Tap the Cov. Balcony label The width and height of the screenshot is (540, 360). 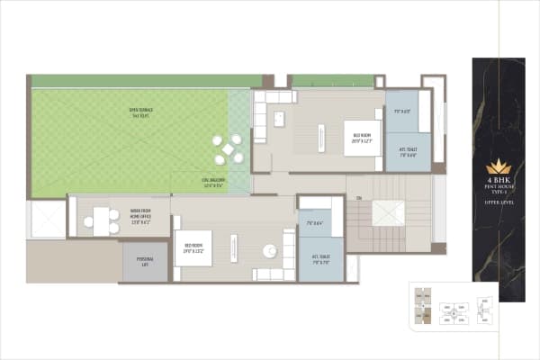213,184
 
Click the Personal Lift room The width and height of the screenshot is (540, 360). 146,263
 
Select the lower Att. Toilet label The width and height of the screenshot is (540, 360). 320,258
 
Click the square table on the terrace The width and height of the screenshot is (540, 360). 229,148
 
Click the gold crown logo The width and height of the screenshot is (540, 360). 498,167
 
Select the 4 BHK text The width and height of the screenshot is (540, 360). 498,179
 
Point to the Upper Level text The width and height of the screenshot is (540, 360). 498,204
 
